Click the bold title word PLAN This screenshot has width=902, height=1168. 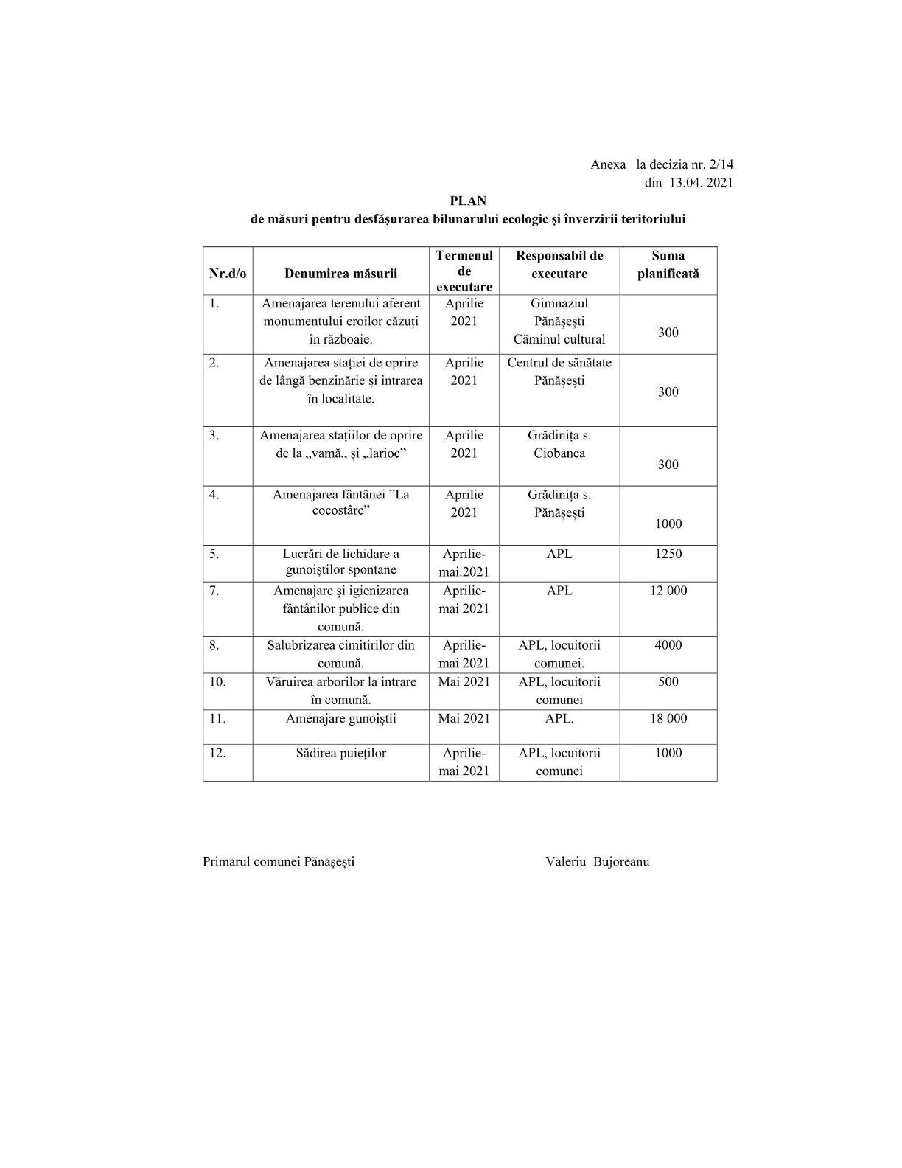(x=468, y=201)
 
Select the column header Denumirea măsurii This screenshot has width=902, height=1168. (x=340, y=274)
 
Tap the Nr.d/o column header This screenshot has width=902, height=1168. (x=228, y=274)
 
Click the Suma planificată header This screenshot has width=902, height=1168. (x=668, y=265)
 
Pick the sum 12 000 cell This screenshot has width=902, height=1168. (x=668, y=591)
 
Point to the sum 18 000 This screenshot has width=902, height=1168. (x=668, y=718)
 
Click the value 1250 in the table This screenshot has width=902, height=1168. (x=668, y=554)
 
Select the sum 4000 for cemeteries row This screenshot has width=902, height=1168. (x=668, y=645)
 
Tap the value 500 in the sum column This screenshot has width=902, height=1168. (x=668, y=681)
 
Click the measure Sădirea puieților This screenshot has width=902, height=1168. (x=340, y=753)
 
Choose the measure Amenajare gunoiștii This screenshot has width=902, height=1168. (x=340, y=718)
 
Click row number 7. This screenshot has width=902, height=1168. (x=214, y=591)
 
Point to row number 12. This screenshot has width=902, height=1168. (x=217, y=753)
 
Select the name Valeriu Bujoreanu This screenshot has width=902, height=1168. (x=598, y=861)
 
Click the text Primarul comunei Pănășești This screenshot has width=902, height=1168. (x=279, y=861)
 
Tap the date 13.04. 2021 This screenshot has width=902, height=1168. (x=701, y=183)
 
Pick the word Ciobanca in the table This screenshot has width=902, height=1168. (x=559, y=453)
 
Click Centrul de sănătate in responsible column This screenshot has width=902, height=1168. (x=559, y=363)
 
